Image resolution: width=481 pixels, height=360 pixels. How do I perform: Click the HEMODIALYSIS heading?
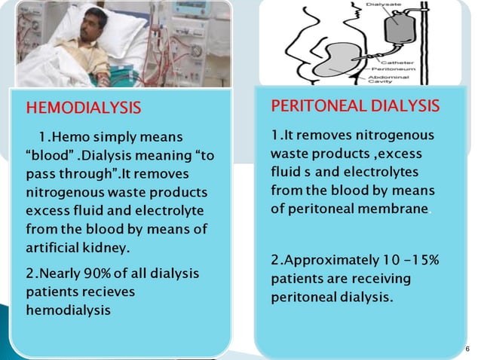[x=83, y=108]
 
